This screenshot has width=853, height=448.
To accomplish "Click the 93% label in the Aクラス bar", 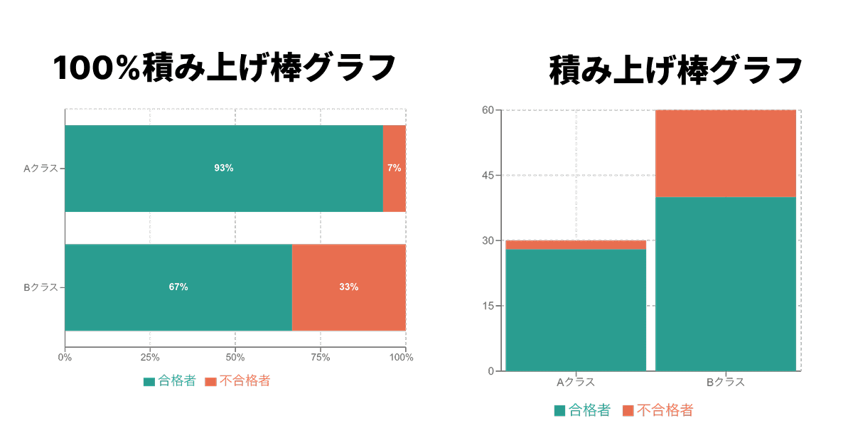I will pyautogui.click(x=224, y=169).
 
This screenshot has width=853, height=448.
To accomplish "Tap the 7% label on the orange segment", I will pyautogui.click(x=394, y=169).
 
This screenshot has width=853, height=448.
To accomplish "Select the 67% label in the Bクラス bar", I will pyautogui.click(x=178, y=287).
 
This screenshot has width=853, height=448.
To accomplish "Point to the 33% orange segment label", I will pyautogui.click(x=348, y=287).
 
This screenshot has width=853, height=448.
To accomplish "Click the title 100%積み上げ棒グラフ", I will pyautogui.click(x=224, y=69).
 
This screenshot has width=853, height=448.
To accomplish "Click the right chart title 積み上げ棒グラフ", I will pyautogui.click(x=676, y=70).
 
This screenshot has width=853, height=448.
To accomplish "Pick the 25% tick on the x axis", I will pyautogui.click(x=150, y=358).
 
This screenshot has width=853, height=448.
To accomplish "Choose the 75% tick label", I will pyautogui.click(x=321, y=358).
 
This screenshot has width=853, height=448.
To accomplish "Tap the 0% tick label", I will pyautogui.click(x=65, y=358).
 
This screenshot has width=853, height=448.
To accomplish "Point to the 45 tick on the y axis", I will pyautogui.click(x=488, y=176).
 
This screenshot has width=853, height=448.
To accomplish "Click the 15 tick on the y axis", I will pyautogui.click(x=488, y=306).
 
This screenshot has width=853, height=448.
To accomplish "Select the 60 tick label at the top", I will pyautogui.click(x=488, y=110).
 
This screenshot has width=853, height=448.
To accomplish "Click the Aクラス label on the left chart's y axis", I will pyautogui.click(x=41, y=169).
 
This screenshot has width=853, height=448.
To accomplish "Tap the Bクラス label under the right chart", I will pyautogui.click(x=725, y=383).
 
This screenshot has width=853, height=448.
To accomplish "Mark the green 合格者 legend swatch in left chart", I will pyautogui.click(x=149, y=382).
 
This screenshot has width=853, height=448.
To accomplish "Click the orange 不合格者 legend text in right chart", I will pyautogui.click(x=664, y=410).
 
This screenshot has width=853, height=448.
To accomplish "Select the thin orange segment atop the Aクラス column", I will pyautogui.click(x=576, y=245).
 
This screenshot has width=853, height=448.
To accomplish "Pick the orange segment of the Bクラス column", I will pyautogui.click(x=725, y=153).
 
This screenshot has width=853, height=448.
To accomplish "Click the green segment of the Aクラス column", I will pyautogui.click(x=576, y=309).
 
